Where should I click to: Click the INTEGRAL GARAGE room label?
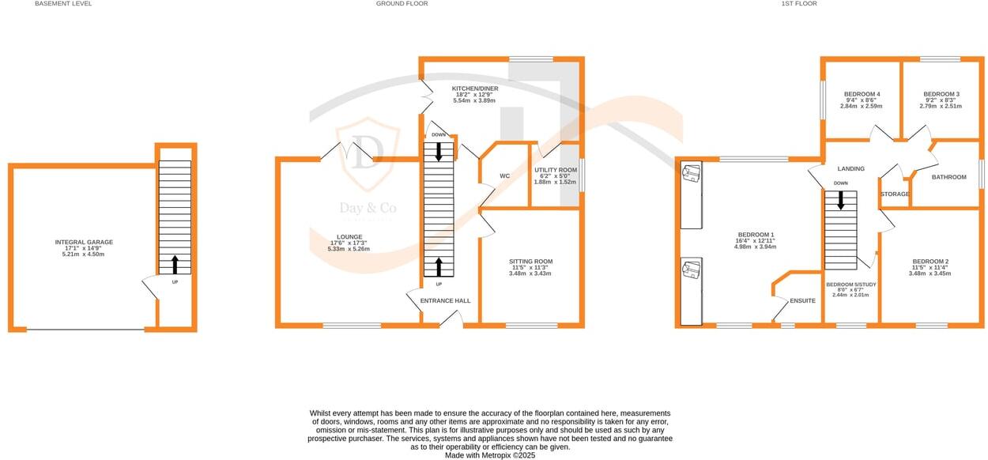[84, 242]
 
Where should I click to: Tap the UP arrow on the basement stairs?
[175, 265]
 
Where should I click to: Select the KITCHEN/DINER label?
[474, 88]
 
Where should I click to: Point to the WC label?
[505, 175]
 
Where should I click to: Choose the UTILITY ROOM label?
[556, 170]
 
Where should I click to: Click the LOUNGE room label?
[349, 236]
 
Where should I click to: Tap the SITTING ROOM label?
[531, 261]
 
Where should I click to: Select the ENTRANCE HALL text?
[445, 300]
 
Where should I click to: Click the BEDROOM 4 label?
[862, 94]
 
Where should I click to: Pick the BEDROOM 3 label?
[941, 94]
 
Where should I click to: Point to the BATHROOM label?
[948, 177]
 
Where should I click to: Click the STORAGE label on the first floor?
[895, 194]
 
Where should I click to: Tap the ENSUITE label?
[802, 300]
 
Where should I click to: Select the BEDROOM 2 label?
[930, 262]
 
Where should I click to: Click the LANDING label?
[851, 168]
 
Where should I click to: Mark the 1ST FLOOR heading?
[799, 4]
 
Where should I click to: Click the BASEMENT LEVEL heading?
[63, 4]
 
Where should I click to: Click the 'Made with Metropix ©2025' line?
[490, 455]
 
